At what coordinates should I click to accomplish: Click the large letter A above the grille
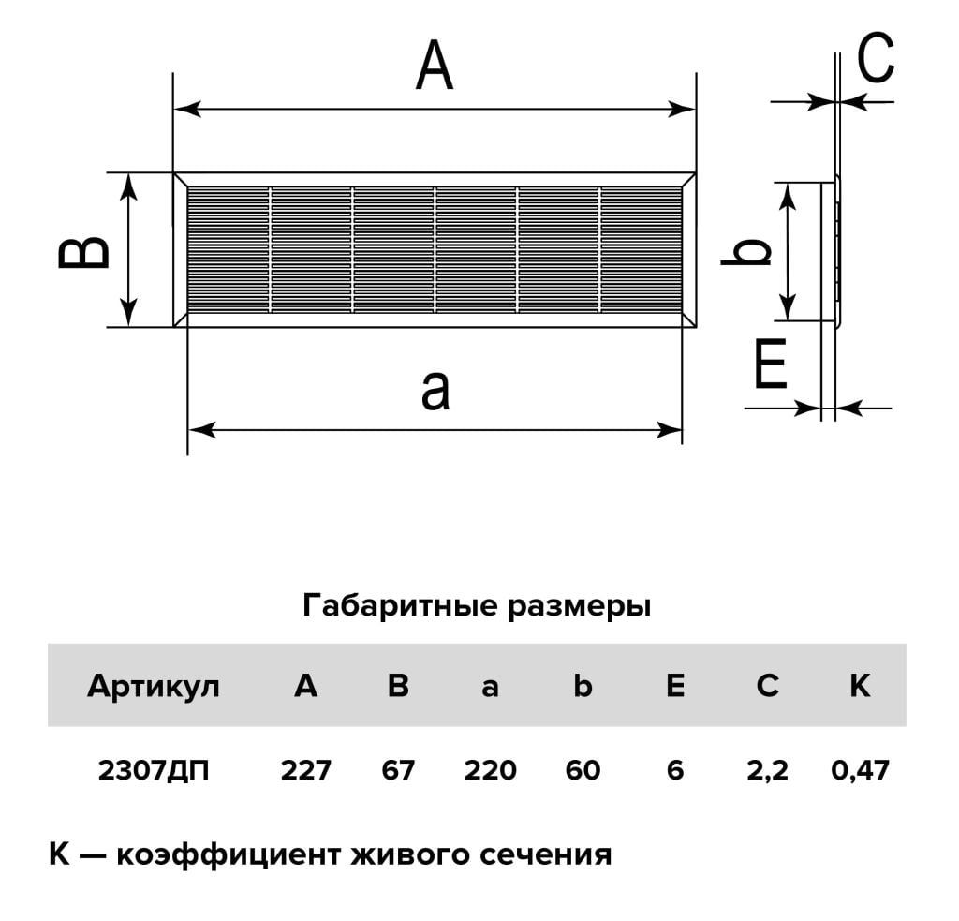click(x=435, y=66)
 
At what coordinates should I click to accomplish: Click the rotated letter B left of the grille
click(x=83, y=251)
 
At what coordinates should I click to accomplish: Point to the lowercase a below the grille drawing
click(x=435, y=390)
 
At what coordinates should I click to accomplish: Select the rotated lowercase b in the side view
click(x=745, y=251)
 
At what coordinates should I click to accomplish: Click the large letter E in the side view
click(x=771, y=364)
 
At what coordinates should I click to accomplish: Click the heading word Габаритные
click(x=400, y=606)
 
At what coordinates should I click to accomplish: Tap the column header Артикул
click(x=154, y=687)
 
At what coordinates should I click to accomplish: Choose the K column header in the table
click(x=860, y=686)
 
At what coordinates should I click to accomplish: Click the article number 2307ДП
click(x=154, y=770)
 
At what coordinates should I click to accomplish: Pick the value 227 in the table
click(x=306, y=770)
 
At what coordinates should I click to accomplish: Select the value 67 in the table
click(x=398, y=770)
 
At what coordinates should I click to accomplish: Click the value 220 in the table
click(x=491, y=770)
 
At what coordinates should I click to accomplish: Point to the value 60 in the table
click(x=583, y=770)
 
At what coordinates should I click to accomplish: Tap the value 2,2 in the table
click(x=768, y=770)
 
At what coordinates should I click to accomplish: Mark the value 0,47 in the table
click(x=860, y=770)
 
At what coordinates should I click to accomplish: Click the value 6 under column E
click(x=675, y=770)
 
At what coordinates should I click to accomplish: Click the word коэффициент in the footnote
click(x=228, y=854)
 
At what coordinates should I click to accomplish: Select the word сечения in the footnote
click(x=546, y=854)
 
